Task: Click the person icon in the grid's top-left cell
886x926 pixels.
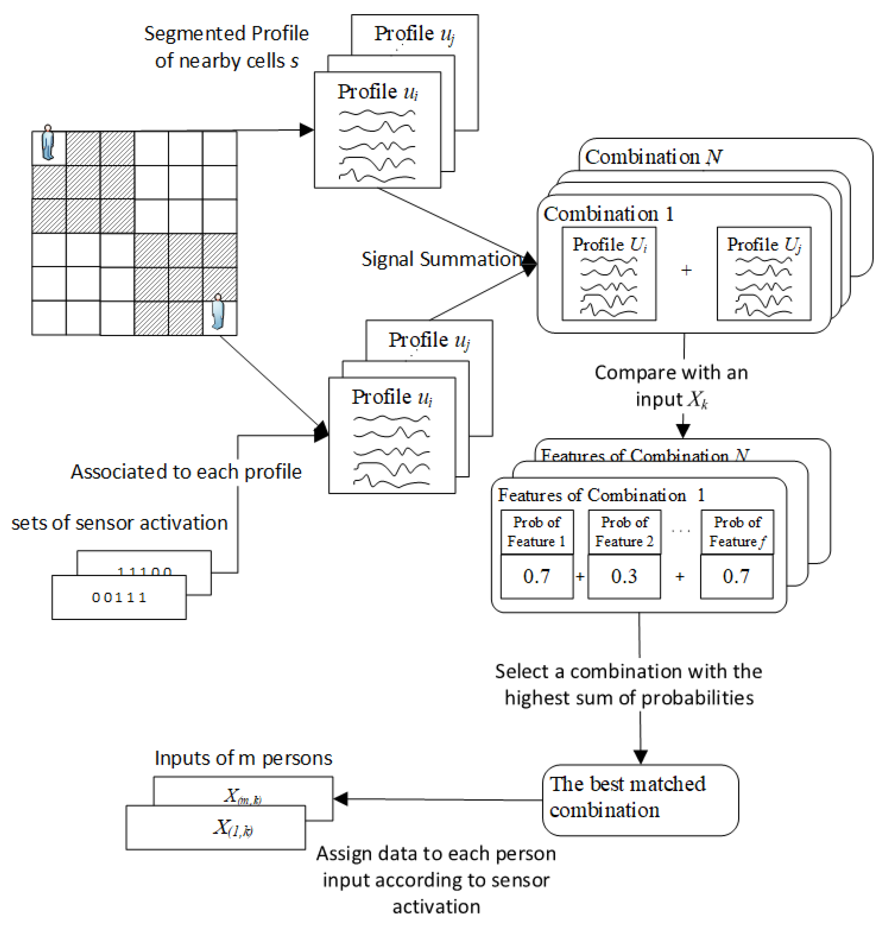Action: tap(48, 143)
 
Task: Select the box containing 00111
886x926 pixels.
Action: tap(119, 597)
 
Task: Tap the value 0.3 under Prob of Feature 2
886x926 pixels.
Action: tap(624, 576)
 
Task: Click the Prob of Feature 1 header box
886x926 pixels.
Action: tap(537, 531)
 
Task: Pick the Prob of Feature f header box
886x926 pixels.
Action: tap(736, 531)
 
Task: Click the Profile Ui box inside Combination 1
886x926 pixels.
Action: tap(609, 274)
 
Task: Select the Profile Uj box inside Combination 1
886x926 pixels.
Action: tap(764, 274)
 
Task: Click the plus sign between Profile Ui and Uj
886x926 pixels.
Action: tap(686, 270)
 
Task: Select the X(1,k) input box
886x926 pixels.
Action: tap(215, 827)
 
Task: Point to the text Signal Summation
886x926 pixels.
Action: tap(442, 259)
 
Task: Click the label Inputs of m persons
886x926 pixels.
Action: tap(243, 758)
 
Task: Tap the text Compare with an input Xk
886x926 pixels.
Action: tap(671, 385)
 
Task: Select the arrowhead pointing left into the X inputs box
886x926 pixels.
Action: tap(341, 798)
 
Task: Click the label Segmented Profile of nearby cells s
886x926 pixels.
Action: tap(226, 47)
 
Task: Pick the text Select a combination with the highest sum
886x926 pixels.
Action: tap(628, 684)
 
